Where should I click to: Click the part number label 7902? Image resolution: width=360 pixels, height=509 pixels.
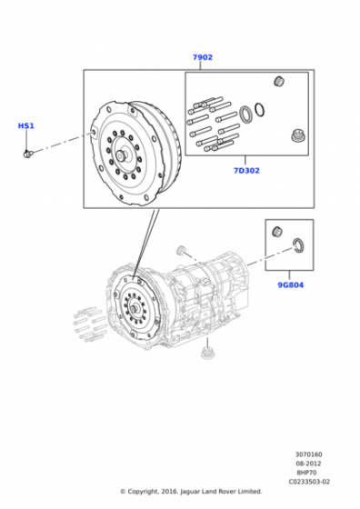(203, 57)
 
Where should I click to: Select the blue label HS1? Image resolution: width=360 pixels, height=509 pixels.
(26, 125)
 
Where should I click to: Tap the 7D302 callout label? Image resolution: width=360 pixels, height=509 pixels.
(246, 171)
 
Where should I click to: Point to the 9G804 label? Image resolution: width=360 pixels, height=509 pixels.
(291, 285)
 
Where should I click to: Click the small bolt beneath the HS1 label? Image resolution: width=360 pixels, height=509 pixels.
(27, 154)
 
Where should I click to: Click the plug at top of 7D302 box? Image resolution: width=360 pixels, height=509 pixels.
(279, 81)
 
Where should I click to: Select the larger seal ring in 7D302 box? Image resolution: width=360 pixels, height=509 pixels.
(245, 115)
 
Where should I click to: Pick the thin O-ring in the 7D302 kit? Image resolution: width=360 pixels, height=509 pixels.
(259, 110)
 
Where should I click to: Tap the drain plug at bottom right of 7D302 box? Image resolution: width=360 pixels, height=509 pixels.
(296, 135)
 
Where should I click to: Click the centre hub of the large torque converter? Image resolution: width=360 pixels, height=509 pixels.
(123, 155)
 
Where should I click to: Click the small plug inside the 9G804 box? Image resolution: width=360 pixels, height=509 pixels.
(277, 232)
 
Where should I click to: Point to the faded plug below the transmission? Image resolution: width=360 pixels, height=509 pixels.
(205, 354)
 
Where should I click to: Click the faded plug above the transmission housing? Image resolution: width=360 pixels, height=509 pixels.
(180, 250)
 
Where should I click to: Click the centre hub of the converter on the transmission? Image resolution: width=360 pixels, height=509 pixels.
(135, 308)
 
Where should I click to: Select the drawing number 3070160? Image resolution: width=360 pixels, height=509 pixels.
(309, 454)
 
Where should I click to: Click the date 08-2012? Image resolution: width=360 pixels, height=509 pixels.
(308, 464)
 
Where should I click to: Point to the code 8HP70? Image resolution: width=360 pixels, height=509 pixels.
(306, 473)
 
